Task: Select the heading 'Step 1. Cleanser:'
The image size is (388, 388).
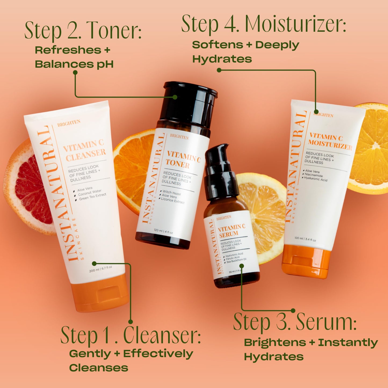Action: point(130,335)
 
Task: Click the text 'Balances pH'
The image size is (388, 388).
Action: point(74,64)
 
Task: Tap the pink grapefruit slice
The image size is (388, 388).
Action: point(28,188)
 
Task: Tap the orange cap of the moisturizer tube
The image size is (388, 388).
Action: point(306,262)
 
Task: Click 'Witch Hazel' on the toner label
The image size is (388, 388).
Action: point(172,193)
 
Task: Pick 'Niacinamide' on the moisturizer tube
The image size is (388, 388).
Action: point(314,175)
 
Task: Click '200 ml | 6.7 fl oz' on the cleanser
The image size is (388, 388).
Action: point(100,269)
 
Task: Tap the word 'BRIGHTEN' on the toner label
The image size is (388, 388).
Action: point(179,137)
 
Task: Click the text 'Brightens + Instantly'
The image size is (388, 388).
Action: point(311,343)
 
